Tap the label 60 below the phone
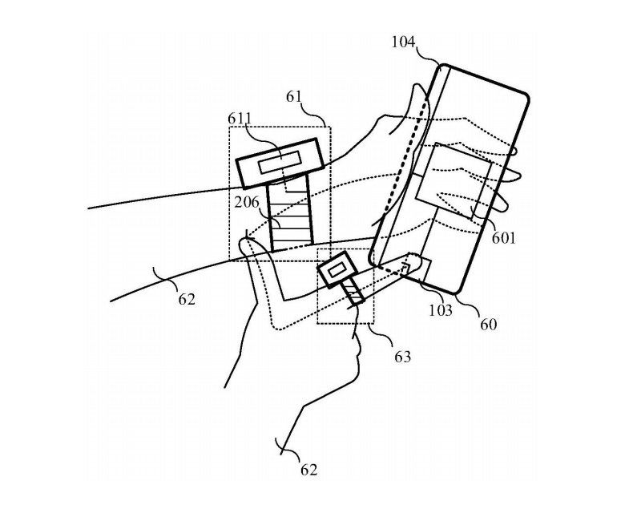click(x=488, y=325)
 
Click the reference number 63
click(x=401, y=356)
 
